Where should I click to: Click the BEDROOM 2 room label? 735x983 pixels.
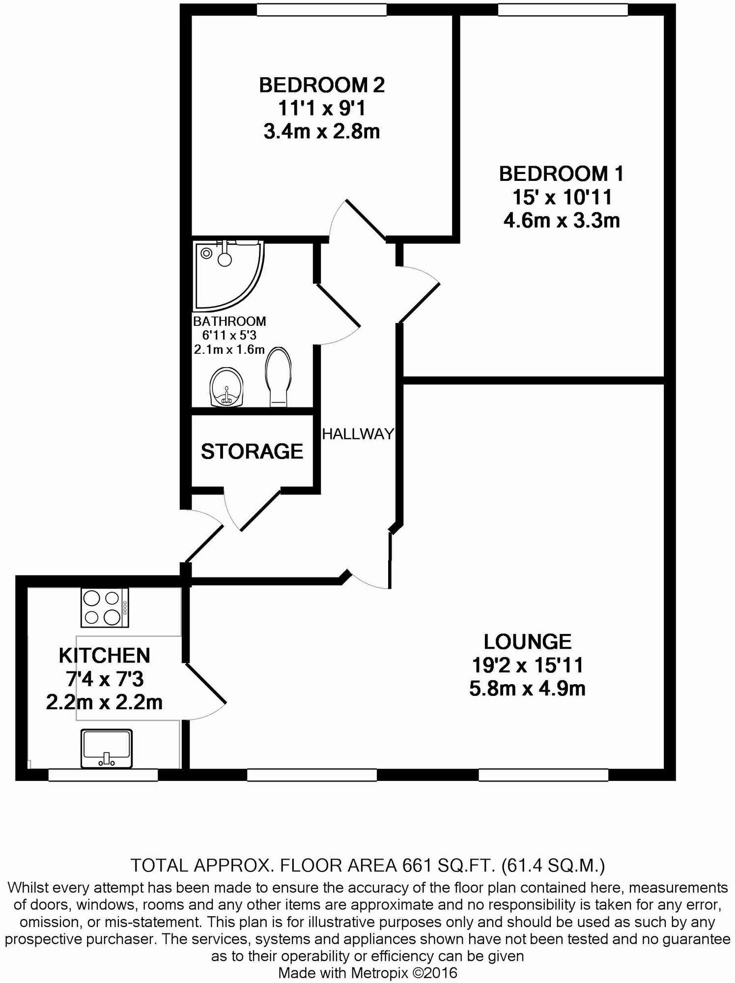pos(322,86)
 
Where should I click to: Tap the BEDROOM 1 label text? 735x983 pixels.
pos(561,174)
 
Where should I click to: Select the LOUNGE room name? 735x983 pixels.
pos(528,642)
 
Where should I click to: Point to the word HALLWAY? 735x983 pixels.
pos(358,434)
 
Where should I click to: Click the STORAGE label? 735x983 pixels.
pos(252,451)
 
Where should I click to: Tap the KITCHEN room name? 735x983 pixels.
pos(104,656)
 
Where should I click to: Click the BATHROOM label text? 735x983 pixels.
pos(229,321)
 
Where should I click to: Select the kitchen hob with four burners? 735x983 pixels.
pos(105,608)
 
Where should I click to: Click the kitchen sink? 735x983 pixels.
pos(107,748)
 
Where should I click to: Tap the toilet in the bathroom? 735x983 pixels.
pos(279,377)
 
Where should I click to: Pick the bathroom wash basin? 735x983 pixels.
pos(226,387)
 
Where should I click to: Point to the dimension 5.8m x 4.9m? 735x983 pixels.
pos(527,689)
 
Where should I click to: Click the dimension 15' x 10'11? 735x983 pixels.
pos(562,198)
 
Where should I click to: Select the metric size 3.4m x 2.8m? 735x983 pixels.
pos(322,132)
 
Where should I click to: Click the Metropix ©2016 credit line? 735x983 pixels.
pos(367,973)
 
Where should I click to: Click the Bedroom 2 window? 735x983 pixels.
pos(321,10)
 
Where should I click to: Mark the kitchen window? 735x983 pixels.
pos(103,775)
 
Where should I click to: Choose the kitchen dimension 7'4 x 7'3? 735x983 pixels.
pos(105,679)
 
